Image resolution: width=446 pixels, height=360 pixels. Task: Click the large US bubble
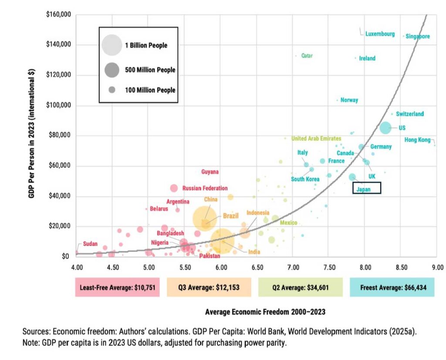tap(385, 128)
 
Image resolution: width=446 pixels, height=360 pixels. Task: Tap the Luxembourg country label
tap(380, 34)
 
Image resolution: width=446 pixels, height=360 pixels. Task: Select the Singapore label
tap(417, 37)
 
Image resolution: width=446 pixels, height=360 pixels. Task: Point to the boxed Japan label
tap(366, 188)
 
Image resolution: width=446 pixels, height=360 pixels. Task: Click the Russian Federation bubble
tap(174, 188)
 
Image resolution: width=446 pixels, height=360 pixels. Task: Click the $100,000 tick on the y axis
tap(59, 105)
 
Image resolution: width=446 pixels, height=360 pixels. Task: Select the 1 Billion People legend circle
tap(111, 45)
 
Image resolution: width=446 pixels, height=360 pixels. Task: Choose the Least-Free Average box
tap(118, 288)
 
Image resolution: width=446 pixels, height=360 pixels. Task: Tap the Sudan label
tap(90, 244)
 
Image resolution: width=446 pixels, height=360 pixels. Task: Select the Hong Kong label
tap(417, 140)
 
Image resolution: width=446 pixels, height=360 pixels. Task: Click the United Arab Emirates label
tap(316, 139)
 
